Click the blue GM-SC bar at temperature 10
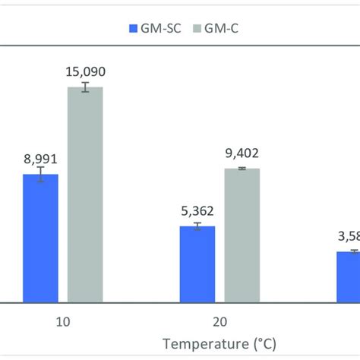[x=40, y=238]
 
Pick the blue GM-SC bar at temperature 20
[x=197, y=264]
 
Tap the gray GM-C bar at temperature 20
[x=242, y=235]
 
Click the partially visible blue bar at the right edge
[x=348, y=277]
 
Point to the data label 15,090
[x=85, y=72]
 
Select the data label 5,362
[x=197, y=212]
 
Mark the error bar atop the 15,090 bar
[x=85, y=87]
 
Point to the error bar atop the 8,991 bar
[x=40, y=175]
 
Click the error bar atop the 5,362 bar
[x=197, y=226]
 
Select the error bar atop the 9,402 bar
[x=242, y=168]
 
